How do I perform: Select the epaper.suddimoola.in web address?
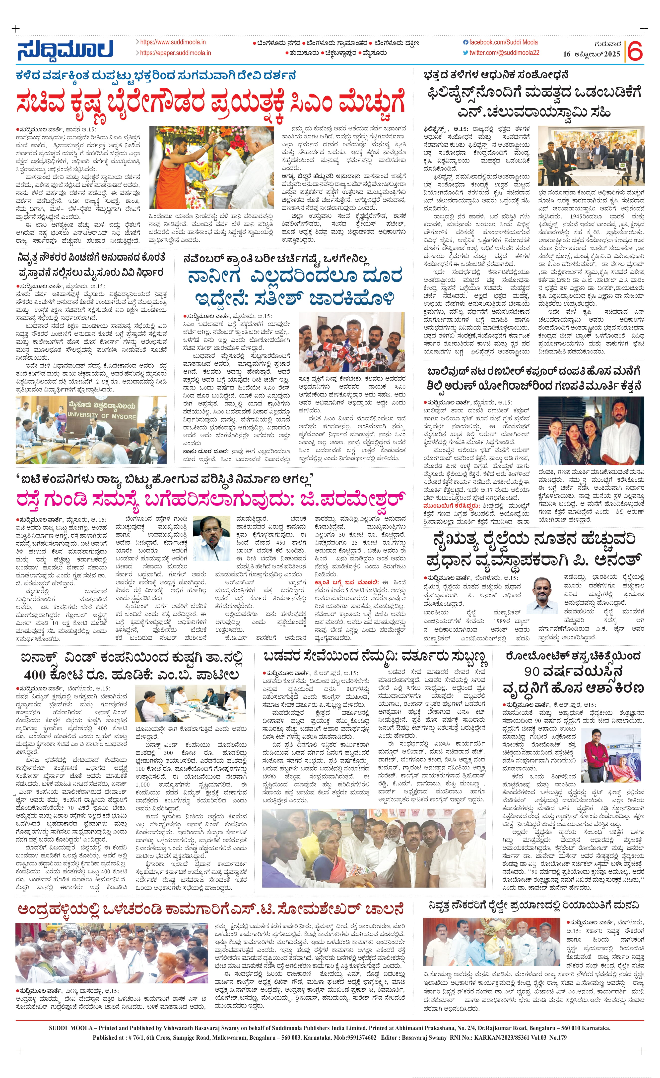[175, 53]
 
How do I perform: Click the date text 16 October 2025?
[592, 54]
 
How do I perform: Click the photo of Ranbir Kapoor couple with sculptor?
[591, 431]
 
